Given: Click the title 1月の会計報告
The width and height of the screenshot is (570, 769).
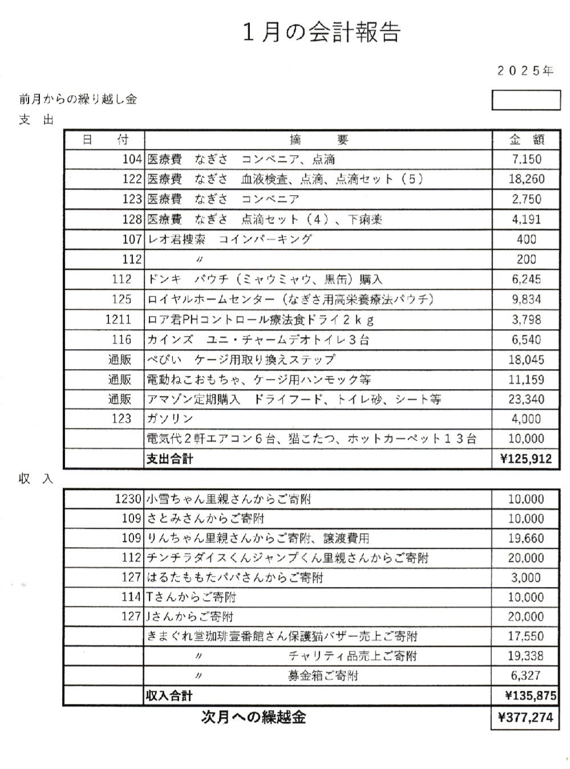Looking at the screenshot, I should [x=321, y=33].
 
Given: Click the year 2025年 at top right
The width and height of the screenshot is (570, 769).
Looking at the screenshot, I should [x=525, y=71].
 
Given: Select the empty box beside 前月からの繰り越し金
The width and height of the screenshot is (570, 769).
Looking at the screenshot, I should [x=526, y=100].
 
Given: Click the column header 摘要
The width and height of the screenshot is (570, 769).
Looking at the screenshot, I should [x=318, y=140].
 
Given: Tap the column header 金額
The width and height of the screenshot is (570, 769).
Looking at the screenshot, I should [x=526, y=140].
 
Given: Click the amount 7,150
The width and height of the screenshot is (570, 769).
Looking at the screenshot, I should [x=526, y=159].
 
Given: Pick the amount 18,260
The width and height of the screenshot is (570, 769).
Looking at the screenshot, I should [x=526, y=179].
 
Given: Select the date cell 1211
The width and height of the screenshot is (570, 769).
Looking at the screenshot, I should [x=118, y=319].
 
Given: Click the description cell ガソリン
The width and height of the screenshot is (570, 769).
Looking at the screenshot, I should [x=171, y=419].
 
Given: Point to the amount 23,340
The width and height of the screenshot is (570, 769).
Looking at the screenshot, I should [x=526, y=399].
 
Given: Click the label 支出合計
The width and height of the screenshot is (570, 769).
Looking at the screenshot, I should [x=169, y=459].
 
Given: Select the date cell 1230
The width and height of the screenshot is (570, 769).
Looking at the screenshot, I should [x=128, y=499].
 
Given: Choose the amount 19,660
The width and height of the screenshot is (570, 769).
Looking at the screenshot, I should [x=526, y=539].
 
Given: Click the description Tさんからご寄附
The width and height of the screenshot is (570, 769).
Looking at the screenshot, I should [x=191, y=597].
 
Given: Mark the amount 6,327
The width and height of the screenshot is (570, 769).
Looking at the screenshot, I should [x=526, y=675].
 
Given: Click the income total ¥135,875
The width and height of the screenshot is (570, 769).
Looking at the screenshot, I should [x=530, y=696].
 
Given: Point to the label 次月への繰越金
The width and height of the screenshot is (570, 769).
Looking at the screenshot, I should [x=253, y=718].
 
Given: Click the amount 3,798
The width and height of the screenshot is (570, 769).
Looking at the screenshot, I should [x=526, y=319].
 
